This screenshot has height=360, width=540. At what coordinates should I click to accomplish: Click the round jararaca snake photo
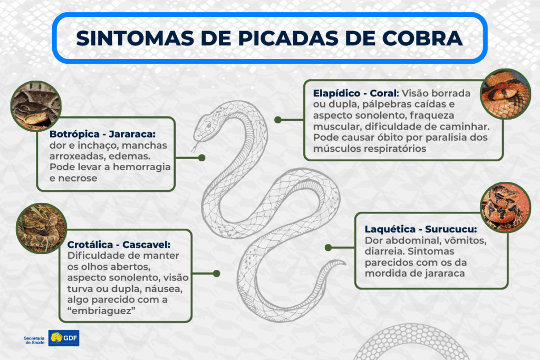[36, 106]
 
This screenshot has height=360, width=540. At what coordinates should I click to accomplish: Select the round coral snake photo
[506, 94]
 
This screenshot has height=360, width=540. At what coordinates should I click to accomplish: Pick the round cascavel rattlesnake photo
[41, 229]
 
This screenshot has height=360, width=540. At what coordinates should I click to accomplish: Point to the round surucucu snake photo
[506, 207]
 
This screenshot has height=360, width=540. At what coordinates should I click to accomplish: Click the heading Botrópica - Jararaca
[103, 134]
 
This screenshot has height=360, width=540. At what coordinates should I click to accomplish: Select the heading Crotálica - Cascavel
[119, 245]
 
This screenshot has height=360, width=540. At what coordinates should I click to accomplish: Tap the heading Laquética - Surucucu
[421, 229]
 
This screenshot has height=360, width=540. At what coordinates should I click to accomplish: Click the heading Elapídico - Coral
[356, 93]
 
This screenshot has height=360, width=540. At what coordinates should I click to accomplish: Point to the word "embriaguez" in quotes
[101, 311]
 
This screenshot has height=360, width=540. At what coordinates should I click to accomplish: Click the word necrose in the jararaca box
[78, 178]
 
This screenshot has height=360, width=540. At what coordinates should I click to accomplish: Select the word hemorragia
[142, 167]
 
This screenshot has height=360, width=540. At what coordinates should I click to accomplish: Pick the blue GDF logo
[64, 338]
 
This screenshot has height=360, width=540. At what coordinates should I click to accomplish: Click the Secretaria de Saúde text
[34, 340]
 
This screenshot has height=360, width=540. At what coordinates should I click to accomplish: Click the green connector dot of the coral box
[278, 120]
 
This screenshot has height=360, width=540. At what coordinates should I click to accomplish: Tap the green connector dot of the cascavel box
[217, 274]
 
